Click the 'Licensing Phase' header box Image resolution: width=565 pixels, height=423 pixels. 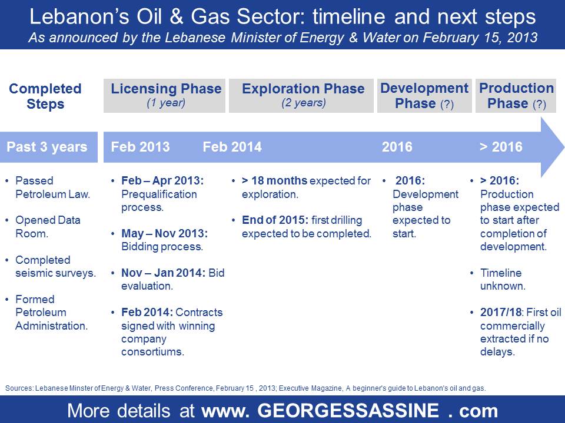pos(164,96)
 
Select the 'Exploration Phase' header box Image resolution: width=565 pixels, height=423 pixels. pos(301,96)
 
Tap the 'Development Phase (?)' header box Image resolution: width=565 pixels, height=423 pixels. pos(424,96)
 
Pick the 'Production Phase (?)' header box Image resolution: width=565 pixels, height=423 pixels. pos(516,96)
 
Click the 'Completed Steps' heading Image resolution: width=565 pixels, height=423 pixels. pos(45,96)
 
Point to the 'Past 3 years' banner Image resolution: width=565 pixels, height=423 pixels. pos(49,147)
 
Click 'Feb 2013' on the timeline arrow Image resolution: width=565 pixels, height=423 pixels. pos(140,147)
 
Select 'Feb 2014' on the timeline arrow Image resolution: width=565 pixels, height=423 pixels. pos(232,147)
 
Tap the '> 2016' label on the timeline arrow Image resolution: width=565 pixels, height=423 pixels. pos(501,147)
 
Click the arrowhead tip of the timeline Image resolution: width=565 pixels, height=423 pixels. pos(564,147)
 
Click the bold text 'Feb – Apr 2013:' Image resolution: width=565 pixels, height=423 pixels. pos(162,180)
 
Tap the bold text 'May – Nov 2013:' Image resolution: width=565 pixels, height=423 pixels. pos(164,233)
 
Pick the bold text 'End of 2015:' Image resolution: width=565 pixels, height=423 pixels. pos(275,220)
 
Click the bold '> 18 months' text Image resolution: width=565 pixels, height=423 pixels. pos(275,180)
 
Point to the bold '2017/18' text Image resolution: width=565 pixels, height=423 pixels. pos(500,312)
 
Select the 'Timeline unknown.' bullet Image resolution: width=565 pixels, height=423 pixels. pos(502,280)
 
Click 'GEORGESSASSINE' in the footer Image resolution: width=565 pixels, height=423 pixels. pos(348,411)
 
